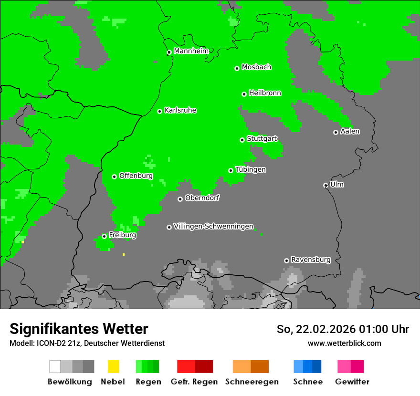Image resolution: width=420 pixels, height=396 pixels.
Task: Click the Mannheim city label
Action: [191, 51]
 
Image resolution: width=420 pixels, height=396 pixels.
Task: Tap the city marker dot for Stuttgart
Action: [242, 140]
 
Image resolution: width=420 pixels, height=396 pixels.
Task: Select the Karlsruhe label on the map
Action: [180, 110]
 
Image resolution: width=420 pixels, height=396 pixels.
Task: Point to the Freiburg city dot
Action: [104, 236]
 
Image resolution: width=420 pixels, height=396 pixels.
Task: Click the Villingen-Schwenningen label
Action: [213, 226]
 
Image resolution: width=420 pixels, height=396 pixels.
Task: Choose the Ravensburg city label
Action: [311, 260]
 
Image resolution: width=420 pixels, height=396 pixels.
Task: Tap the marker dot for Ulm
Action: [325, 185]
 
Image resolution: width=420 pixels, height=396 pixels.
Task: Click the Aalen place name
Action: [350, 131]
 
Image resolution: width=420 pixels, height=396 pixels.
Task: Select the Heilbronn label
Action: [265, 93]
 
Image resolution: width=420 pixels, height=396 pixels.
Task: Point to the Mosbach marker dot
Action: [237, 68]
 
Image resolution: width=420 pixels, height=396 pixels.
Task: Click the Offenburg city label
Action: [136, 176]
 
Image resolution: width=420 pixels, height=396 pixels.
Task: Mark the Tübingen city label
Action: [251, 169]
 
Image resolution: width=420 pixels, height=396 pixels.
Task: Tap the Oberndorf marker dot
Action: [180, 199]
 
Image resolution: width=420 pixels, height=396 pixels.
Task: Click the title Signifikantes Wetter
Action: [79, 329]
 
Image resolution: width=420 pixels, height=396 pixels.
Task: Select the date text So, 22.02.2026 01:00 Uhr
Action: [343, 329]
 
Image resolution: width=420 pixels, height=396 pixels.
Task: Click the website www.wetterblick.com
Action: [344, 343]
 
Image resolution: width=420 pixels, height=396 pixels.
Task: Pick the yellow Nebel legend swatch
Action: [113, 366]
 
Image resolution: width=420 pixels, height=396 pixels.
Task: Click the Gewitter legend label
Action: [352, 382]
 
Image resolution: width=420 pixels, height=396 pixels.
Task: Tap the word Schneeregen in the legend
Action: [252, 382]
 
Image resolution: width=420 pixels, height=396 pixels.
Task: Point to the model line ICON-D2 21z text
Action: [87, 343]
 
